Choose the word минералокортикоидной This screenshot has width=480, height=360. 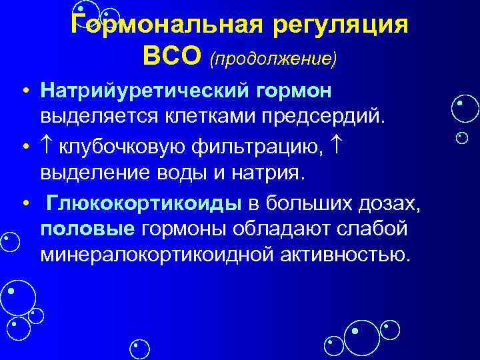click(146, 255)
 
